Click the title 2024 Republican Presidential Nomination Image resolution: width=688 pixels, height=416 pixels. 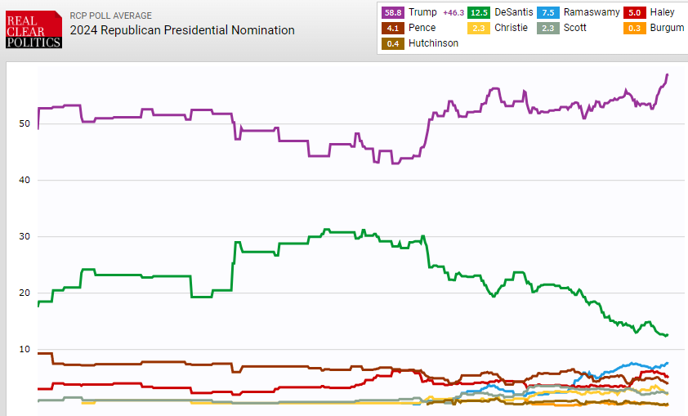pyautogui.click(x=182, y=30)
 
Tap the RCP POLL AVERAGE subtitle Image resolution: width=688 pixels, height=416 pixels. pyautogui.click(x=110, y=16)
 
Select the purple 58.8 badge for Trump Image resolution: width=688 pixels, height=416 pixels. pyautogui.click(x=393, y=12)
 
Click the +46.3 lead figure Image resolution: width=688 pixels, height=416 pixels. pyautogui.click(x=453, y=13)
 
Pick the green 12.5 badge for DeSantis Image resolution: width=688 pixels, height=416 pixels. pyautogui.click(x=479, y=12)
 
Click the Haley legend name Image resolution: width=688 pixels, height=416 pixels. pyautogui.click(x=662, y=12)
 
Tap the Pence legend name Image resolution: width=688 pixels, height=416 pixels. pyautogui.click(x=422, y=28)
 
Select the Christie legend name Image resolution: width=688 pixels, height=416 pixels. pyautogui.click(x=512, y=28)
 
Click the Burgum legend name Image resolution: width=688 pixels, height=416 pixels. pyautogui.click(x=667, y=28)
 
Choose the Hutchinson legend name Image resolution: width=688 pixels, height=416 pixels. pyautogui.click(x=433, y=43)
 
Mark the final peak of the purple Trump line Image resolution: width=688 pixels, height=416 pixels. pyautogui.click(x=668, y=75)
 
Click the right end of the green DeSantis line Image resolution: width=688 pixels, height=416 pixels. pyautogui.click(x=668, y=335)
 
